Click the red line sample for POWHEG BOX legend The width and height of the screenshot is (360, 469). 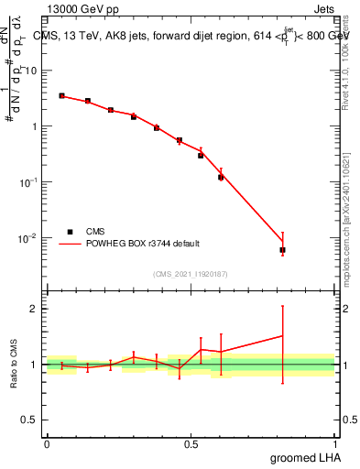[x=69, y=244]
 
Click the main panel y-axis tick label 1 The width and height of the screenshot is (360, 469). [x=36, y=126]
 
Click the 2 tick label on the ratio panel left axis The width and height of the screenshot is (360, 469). [x=36, y=309]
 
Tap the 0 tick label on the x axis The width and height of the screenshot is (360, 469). [x=47, y=444]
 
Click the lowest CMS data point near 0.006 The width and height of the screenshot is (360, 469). [x=283, y=249]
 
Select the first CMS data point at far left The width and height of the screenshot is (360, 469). [x=61, y=95]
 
